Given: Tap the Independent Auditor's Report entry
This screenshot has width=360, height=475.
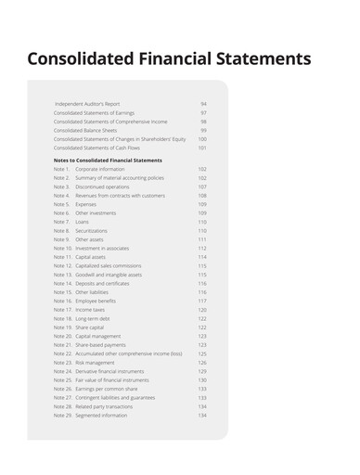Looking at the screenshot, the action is tap(87, 104).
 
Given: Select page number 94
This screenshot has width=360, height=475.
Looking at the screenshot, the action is tap(203, 104).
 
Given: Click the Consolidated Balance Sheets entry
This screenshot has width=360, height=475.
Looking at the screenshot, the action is tap(84, 130).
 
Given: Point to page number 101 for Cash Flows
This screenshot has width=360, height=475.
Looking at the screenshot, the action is tap(202, 148).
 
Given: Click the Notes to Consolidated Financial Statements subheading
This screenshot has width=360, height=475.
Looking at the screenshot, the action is tap(108, 160).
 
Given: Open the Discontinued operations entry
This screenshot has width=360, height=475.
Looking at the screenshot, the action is tap(102, 186).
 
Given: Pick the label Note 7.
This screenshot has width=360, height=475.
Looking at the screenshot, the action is tap(61, 222).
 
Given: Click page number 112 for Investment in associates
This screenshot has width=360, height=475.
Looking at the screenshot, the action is tap(202, 249).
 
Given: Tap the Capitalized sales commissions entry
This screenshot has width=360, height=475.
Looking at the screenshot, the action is tap(109, 266).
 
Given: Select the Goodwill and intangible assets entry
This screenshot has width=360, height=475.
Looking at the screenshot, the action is tap(109, 275).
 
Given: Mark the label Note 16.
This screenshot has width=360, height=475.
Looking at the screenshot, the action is tap(62, 302).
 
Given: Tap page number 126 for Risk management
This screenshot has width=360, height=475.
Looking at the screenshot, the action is tap(202, 363).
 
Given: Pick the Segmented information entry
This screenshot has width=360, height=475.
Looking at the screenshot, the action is tap(101, 416).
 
